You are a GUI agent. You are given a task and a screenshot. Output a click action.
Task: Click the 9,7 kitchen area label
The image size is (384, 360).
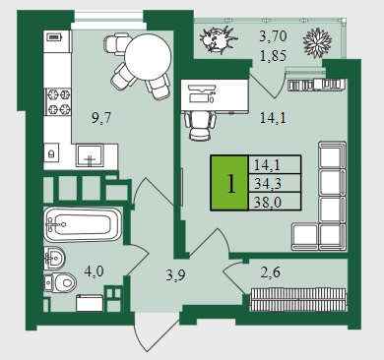(101, 117)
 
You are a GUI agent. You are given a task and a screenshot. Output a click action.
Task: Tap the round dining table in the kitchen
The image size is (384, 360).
(148, 57)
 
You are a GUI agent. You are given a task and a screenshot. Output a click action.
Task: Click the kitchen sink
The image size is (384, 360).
(90, 155)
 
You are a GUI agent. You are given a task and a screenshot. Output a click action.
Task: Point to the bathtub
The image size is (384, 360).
(83, 224)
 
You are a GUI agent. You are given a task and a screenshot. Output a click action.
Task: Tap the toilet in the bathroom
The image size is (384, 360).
(60, 282)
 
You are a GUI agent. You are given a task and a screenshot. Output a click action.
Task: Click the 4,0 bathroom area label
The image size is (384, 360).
(94, 271)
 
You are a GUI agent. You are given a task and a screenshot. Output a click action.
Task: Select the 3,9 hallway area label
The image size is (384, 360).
(175, 274)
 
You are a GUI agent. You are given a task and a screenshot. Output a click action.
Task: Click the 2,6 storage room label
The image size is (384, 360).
(270, 272)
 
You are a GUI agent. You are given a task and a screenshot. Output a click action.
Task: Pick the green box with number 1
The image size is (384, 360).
(229, 183)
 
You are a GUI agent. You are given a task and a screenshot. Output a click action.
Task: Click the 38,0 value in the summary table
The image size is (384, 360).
(268, 202)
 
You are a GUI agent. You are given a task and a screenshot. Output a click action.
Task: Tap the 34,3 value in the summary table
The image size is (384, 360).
(268, 183)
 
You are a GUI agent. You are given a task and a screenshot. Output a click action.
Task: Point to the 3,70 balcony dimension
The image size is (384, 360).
(273, 36)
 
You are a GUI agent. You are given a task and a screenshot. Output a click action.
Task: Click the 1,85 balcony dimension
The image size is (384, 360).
(273, 55)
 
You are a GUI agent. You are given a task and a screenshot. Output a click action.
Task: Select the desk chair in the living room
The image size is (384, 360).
(201, 126)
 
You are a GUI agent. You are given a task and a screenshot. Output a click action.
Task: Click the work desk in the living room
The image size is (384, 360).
(215, 96)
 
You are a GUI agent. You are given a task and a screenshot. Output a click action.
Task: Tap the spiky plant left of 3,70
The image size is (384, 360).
(218, 39)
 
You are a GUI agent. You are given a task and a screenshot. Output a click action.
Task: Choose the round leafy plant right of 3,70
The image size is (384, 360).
(317, 42)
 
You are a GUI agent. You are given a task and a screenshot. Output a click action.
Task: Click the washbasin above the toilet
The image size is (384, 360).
(54, 258)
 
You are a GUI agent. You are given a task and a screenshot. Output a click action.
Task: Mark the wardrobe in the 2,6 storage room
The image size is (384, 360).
(297, 299)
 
